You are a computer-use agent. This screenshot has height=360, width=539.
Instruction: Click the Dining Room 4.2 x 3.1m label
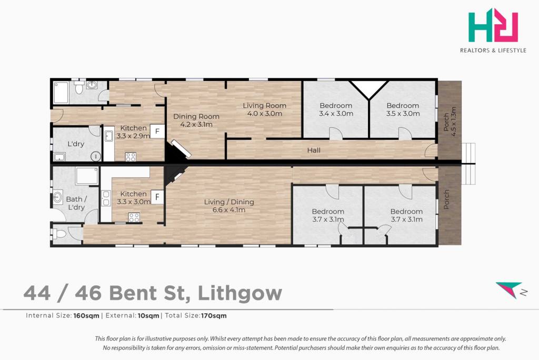[x=196, y=121]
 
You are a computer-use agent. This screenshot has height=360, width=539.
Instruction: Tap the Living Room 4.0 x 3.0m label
[x=264, y=109]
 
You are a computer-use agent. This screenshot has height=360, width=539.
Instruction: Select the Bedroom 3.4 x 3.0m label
[x=336, y=109]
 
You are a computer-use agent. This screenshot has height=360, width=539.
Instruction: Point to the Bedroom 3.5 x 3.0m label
[x=403, y=109]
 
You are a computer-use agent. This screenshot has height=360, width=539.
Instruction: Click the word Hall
[x=314, y=150]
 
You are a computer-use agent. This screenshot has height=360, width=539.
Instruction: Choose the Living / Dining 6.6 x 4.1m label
[x=229, y=206]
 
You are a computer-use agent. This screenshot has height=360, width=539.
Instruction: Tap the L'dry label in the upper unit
[x=76, y=144]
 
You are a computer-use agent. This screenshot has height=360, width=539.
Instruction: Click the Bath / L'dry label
[x=76, y=203]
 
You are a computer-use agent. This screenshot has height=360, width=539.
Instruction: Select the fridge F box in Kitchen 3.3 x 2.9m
[x=157, y=132]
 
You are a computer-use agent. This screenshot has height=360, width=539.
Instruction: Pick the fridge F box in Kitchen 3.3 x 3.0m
[x=157, y=197]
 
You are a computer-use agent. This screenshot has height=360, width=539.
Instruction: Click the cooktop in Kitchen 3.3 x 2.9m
[x=131, y=157]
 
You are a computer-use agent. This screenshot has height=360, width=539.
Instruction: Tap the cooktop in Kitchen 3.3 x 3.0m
[x=134, y=217]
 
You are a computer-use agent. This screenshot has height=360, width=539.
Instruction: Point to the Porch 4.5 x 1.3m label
[x=450, y=122]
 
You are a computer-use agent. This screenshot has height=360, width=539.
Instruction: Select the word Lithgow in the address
[x=240, y=293]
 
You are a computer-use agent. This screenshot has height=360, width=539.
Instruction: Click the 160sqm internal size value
[x=86, y=316]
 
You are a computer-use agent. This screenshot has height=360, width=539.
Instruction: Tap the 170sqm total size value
[x=214, y=316]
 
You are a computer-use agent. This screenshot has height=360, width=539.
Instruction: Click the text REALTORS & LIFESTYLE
[x=493, y=51]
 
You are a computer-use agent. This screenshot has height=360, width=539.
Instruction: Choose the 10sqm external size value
[x=148, y=316]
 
